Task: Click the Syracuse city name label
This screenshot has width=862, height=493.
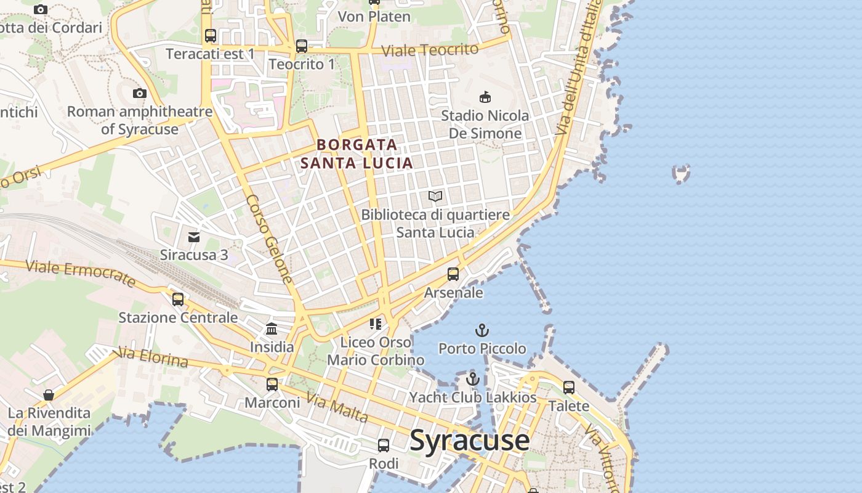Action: click(x=469, y=440)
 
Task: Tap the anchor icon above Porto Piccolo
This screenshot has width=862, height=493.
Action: click(x=482, y=330)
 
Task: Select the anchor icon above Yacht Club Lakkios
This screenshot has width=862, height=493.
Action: click(x=472, y=379)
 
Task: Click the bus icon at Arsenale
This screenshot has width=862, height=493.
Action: click(x=453, y=274)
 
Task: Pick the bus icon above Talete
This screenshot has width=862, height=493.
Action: click(x=569, y=388)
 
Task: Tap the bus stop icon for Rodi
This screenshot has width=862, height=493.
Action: click(x=383, y=445)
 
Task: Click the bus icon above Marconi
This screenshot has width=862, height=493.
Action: click(x=272, y=385)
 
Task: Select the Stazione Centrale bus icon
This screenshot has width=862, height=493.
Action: click(x=178, y=299)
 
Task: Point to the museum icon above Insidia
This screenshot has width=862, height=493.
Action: click(x=272, y=328)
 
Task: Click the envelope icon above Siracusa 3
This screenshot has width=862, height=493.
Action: click(x=194, y=237)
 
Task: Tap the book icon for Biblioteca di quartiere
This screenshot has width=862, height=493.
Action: click(x=435, y=197)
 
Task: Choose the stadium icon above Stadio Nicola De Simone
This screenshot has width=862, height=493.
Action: click(x=485, y=97)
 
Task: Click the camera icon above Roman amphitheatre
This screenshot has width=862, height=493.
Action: click(x=140, y=94)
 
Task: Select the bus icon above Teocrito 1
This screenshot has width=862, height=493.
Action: click(x=301, y=46)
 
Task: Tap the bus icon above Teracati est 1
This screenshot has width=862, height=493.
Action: click(x=211, y=36)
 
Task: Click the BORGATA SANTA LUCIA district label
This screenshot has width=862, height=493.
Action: click(x=356, y=153)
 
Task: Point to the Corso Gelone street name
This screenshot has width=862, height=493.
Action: click(x=269, y=239)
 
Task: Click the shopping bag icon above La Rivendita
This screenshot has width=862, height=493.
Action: click(x=49, y=394)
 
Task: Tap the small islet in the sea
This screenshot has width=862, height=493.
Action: click(x=681, y=174)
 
